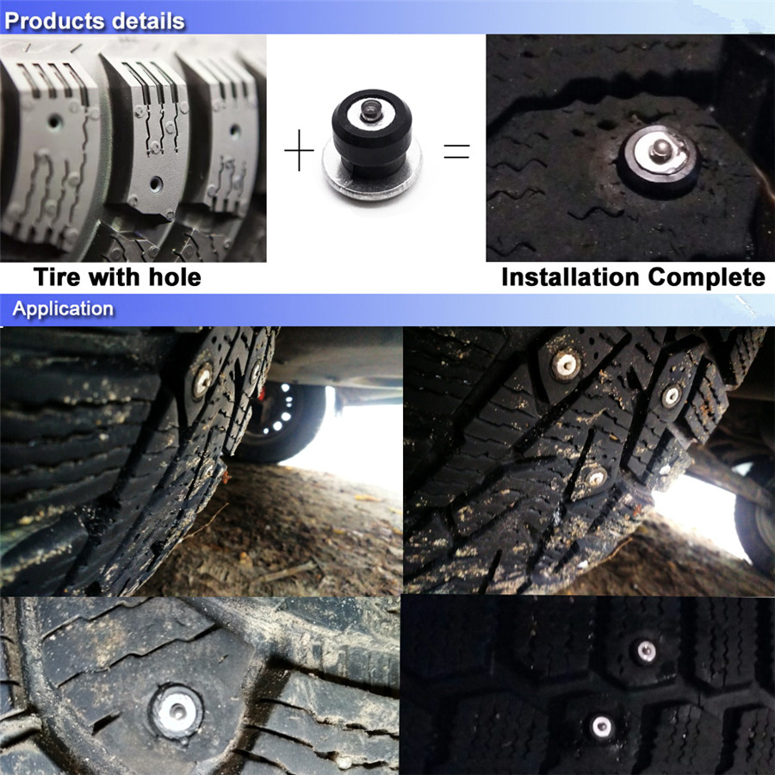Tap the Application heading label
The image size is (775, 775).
[x=63, y=309]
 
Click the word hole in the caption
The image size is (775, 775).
[x=175, y=276]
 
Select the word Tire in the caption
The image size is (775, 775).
[x=57, y=276]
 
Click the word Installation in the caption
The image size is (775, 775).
[x=572, y=276]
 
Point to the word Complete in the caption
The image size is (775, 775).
[x=707, y=278]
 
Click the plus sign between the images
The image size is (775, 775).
[x=299, y=150]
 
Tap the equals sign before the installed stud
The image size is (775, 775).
[x=456, y=151]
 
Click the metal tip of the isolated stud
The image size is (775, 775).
[x=369, y=110]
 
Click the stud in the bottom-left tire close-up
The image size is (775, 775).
[x=177, y=710]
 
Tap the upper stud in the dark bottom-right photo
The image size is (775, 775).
[x=646, y=651]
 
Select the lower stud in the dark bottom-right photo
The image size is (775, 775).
[x=602, y=726]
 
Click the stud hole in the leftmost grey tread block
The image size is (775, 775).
[x=54, y=121]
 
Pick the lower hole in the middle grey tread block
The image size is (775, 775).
[x=156, y=184]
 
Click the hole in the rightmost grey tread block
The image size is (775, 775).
[x=235, y=131]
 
